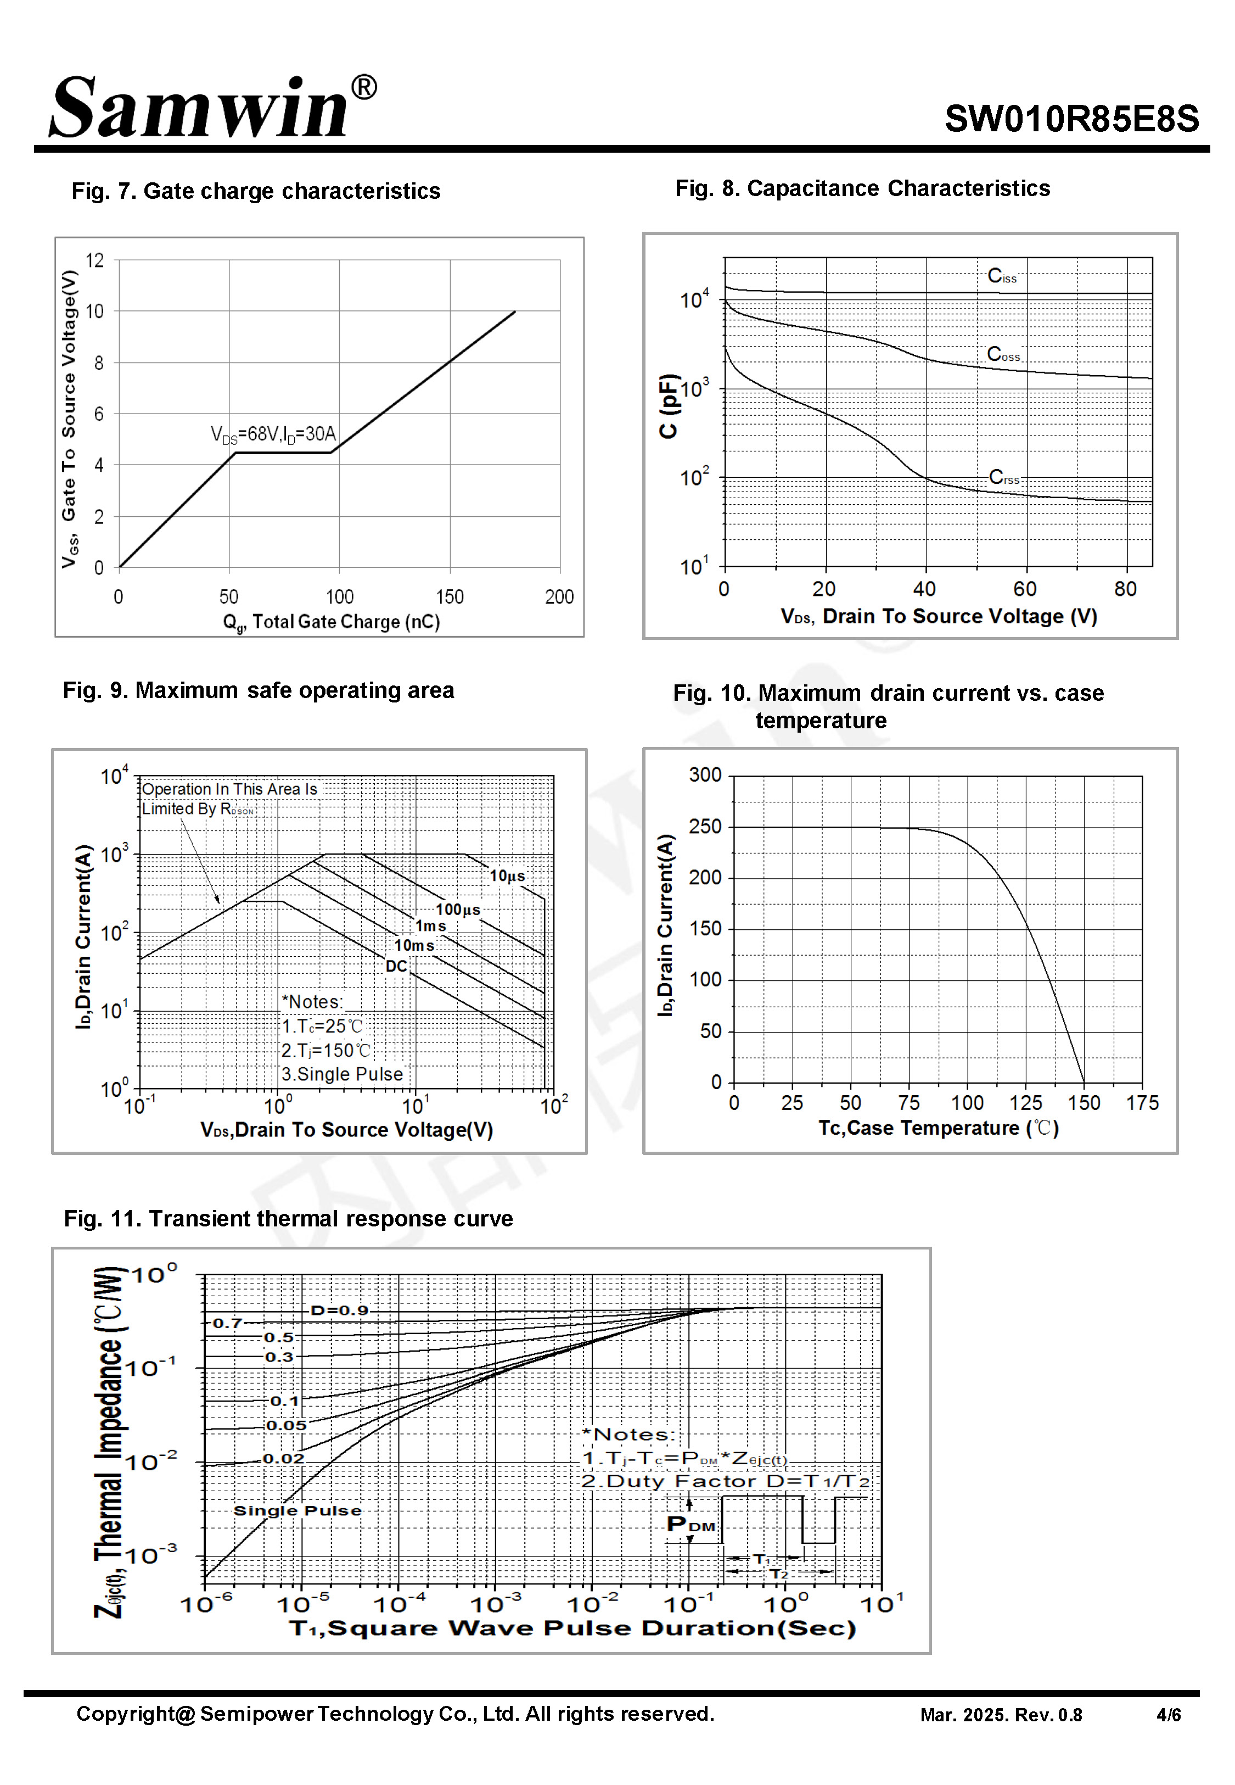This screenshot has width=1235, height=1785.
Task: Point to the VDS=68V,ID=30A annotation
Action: click(x=273, y=434)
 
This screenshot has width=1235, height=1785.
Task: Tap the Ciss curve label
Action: click(x=1001, y=276)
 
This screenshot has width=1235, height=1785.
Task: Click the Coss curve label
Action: click(x=1003, y=354)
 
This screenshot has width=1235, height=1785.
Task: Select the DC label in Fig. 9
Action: click(x=396, y=966)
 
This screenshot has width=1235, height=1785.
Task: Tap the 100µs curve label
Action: click(x=458, y=910)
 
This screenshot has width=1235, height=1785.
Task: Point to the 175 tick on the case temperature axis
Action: click(x=1142, y=1103)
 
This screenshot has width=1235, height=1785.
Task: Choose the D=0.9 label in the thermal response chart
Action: click(x=339, y=1310)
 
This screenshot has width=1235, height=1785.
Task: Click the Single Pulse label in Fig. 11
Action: click(x=297, y=1510)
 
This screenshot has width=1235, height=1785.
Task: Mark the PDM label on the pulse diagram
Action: click(x=691, y=1524)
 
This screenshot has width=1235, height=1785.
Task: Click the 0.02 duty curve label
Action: click(x=283, y=1458)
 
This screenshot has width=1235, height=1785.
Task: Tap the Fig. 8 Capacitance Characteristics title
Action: click(x=862, y=188)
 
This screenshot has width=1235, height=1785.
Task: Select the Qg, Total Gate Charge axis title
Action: click(x=331, y=622)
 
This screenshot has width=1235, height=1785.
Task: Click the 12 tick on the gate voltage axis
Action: click(x=94, y=260)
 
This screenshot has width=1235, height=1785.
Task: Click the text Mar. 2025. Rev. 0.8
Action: click(x=1001, y=1715)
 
